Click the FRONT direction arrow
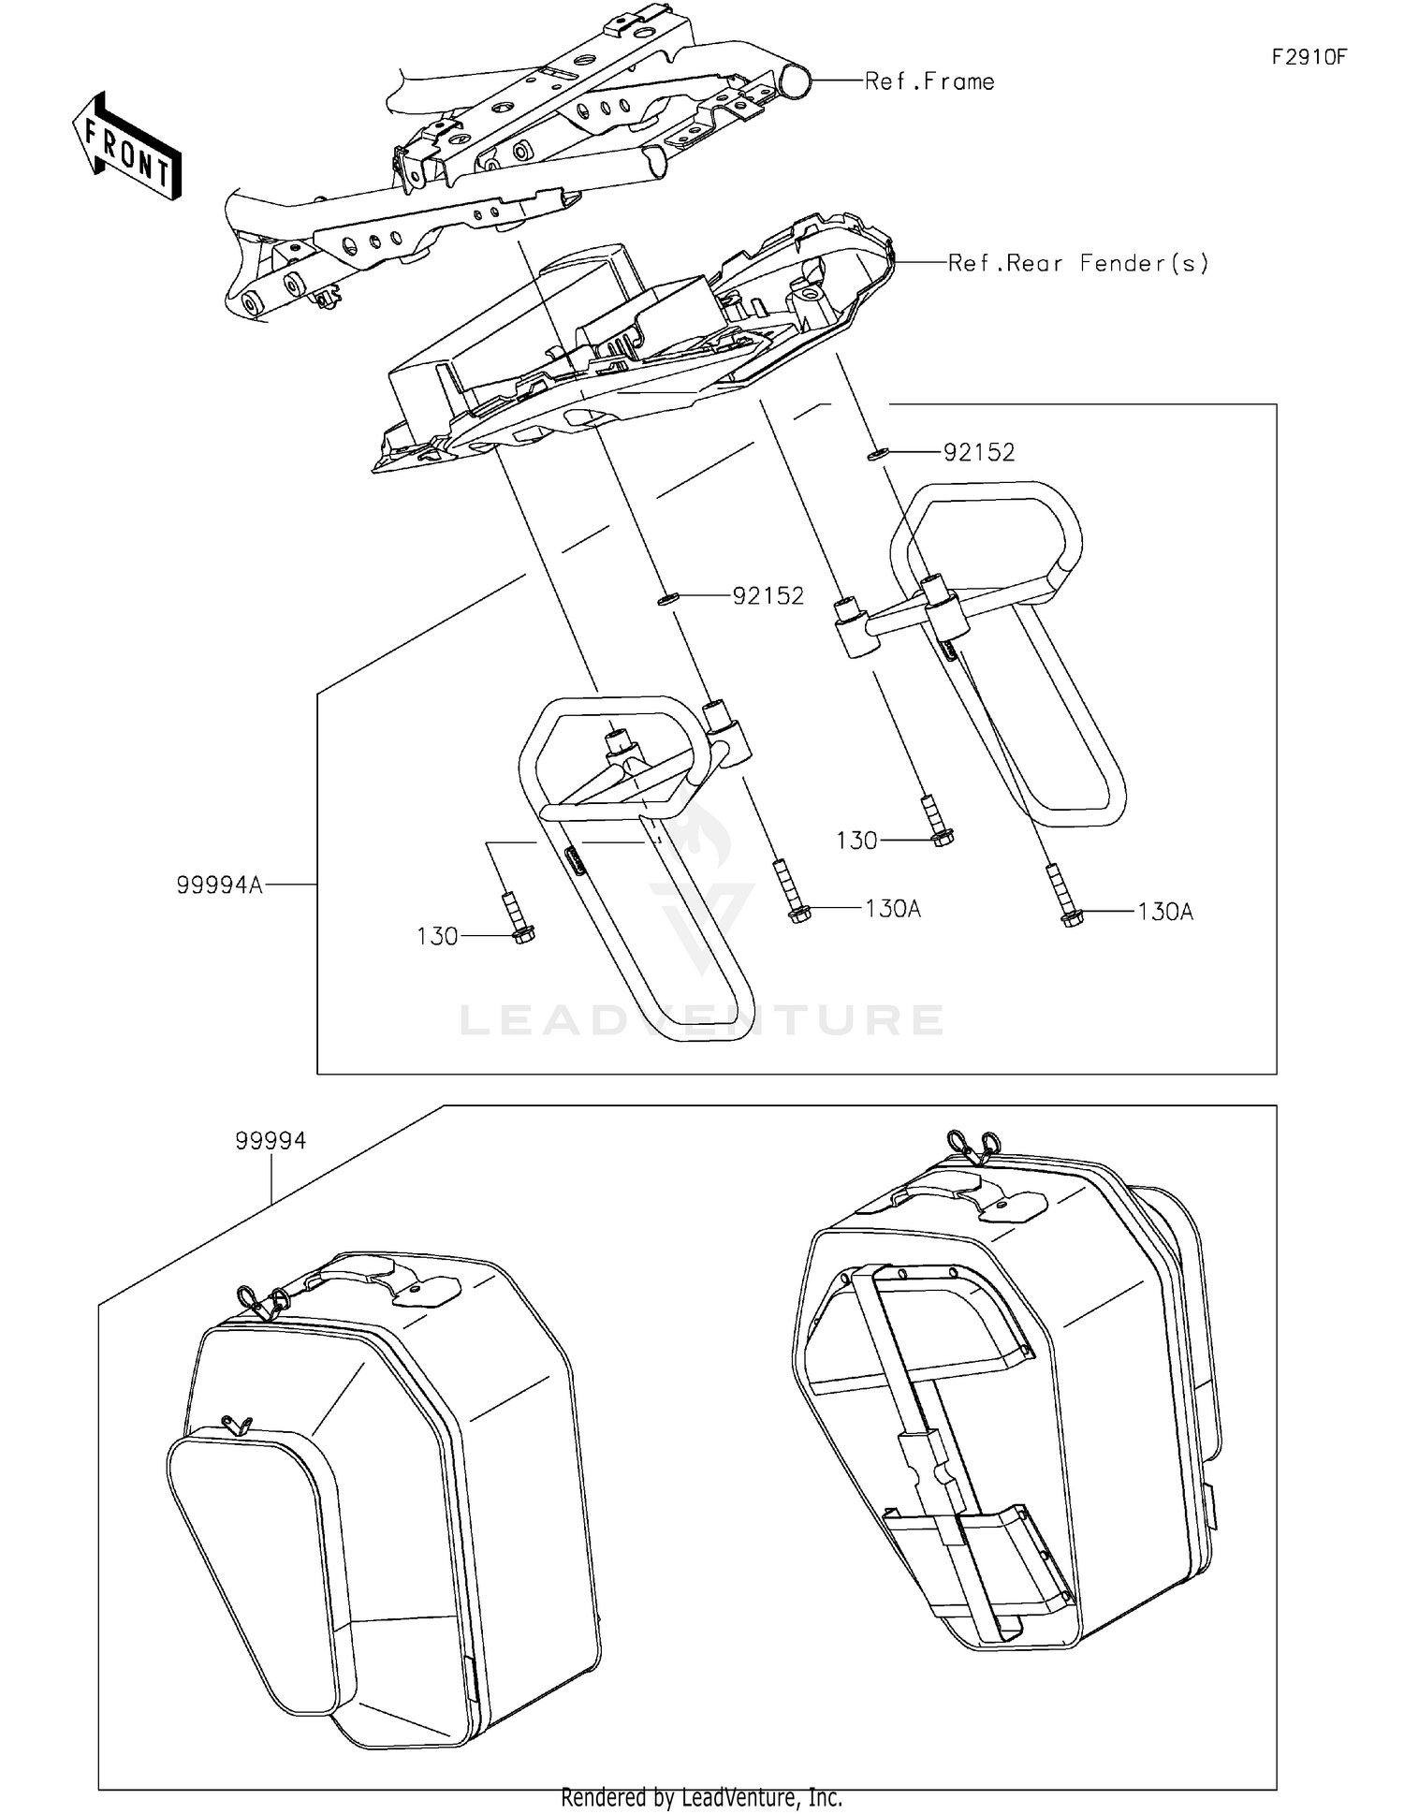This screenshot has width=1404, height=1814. coord(127,148)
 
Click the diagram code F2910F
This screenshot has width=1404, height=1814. coord(1308,57)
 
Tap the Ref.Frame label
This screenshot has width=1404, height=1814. coord(929,82)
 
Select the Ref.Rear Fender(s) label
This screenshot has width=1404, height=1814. coord(1078,263)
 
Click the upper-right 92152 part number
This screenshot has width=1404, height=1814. coord(978,453)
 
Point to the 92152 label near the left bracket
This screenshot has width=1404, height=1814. coord(768,596)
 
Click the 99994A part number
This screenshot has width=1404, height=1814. coord(219,885)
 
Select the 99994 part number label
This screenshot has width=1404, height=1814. coord(271,1141)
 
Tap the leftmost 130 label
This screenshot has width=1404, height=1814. coord(437,936)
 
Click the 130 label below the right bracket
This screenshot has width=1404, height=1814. coord(856,841)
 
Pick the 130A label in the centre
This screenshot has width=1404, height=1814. coord(892,909)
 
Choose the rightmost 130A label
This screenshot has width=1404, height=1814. coord(1164,912)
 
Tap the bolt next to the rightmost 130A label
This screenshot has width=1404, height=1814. coord(1068,897)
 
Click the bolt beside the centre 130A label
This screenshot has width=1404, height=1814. coord(795,893)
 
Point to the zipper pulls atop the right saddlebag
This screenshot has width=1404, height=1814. coord(973,1144)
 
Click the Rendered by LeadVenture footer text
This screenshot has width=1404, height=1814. coord(701,1797)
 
